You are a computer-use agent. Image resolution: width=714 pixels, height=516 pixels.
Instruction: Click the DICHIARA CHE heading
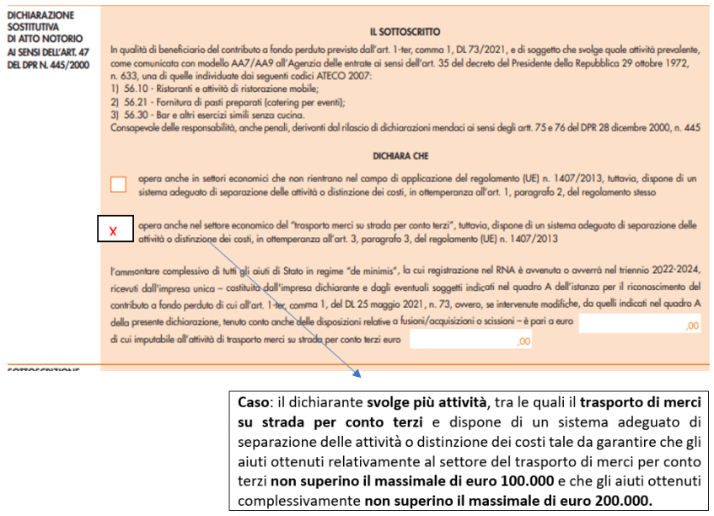pos(401,155)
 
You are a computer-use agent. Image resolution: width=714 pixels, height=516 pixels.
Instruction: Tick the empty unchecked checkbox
pos(119,185)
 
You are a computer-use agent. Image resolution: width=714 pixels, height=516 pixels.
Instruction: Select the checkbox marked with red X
pos(114,230)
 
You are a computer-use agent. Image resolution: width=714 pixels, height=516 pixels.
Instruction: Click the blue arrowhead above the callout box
pos(357,374)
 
